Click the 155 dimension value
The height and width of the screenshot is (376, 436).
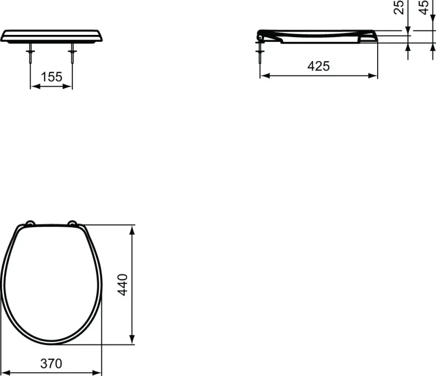[52, 77]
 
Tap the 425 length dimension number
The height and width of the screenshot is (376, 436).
[318, 66]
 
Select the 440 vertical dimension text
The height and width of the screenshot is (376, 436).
[123, 285]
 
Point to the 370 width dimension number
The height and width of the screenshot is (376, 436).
[51, 363]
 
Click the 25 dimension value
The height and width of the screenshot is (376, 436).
[399, 8]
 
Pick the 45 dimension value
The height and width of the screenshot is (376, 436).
[423, 8]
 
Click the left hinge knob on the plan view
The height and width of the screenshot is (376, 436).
[30, 223]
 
